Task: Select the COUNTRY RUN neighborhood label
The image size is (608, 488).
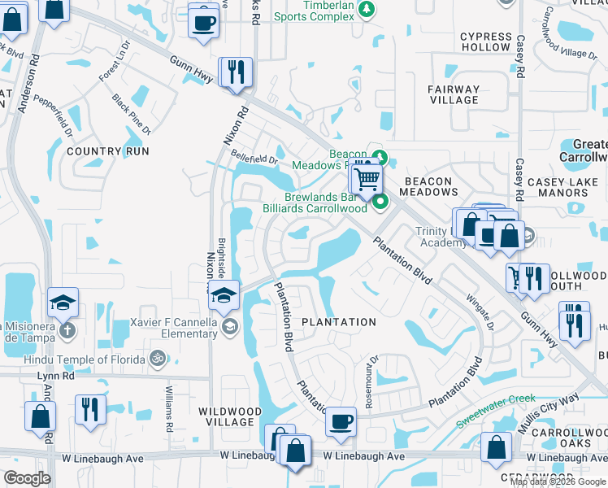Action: pos(108,151)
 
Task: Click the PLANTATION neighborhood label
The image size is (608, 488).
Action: pos(339,322)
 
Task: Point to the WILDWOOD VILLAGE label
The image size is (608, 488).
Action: pos(230,416)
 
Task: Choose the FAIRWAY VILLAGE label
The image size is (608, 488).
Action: pos(454,94)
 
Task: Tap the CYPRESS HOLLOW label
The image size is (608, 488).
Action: pos(485,42)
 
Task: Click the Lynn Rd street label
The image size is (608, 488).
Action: pos(56,377)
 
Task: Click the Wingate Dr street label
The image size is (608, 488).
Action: pos(480,314)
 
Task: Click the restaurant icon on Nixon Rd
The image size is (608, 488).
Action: pos(236,71)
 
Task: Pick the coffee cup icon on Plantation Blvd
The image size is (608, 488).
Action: pos(341,421)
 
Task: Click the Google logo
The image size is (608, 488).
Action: pos(27,478)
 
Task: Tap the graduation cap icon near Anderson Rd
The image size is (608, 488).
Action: pos(63,303)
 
